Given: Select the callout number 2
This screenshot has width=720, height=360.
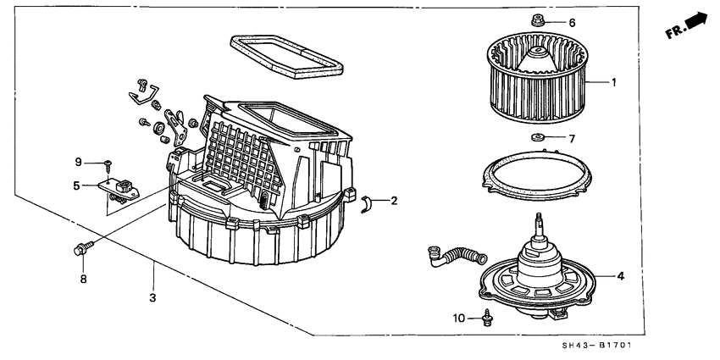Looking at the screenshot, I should click(x=394, y=201).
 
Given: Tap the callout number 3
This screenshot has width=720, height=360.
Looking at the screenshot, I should click(x=152, y=296).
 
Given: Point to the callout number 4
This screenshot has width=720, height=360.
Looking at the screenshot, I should click(x=620, y=275).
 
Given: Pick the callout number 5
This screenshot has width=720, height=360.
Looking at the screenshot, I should click(x=75, y=186).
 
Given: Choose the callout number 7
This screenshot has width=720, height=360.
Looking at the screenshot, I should click(x=570, y=138).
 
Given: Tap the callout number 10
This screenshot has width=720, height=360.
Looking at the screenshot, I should click(x=458, y=318).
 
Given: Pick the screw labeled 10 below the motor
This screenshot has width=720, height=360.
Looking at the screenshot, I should click(x=487, y=318).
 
